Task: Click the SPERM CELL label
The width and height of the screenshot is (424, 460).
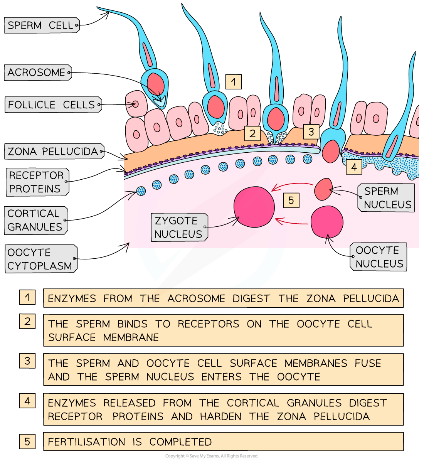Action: tap(42, 25)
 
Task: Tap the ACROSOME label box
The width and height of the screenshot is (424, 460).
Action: tap(37, 72)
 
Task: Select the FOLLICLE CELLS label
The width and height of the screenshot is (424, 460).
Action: tap(53, 104)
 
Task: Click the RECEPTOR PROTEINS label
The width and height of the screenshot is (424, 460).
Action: tap(37, 182)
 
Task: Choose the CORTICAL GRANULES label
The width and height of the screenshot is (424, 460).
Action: tap(36, 220)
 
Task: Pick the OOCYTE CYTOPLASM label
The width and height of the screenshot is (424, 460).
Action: tap(40, 259)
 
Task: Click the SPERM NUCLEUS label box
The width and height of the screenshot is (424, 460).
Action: tap(387, 198)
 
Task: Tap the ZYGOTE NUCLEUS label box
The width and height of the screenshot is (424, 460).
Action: tap(179, 227)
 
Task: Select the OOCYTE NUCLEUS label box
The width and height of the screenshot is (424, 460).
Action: tap(379, 257)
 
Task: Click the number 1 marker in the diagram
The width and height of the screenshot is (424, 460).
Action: tap(233, 82)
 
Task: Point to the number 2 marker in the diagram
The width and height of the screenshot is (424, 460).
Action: tap(252, 134)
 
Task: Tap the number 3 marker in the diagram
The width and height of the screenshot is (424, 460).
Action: tap(311, 131)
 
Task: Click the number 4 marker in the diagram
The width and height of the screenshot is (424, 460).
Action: tap(353, 167)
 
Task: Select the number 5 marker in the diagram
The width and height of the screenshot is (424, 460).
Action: tap(291, 200)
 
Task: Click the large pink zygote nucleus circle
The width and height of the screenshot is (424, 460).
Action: tap(254, 207)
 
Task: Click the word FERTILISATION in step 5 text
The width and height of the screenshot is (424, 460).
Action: tap(86, 442)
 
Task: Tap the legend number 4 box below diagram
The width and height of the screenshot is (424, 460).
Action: tap(27, 401)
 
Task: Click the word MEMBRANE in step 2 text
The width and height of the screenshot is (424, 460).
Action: tap(131, 337)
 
